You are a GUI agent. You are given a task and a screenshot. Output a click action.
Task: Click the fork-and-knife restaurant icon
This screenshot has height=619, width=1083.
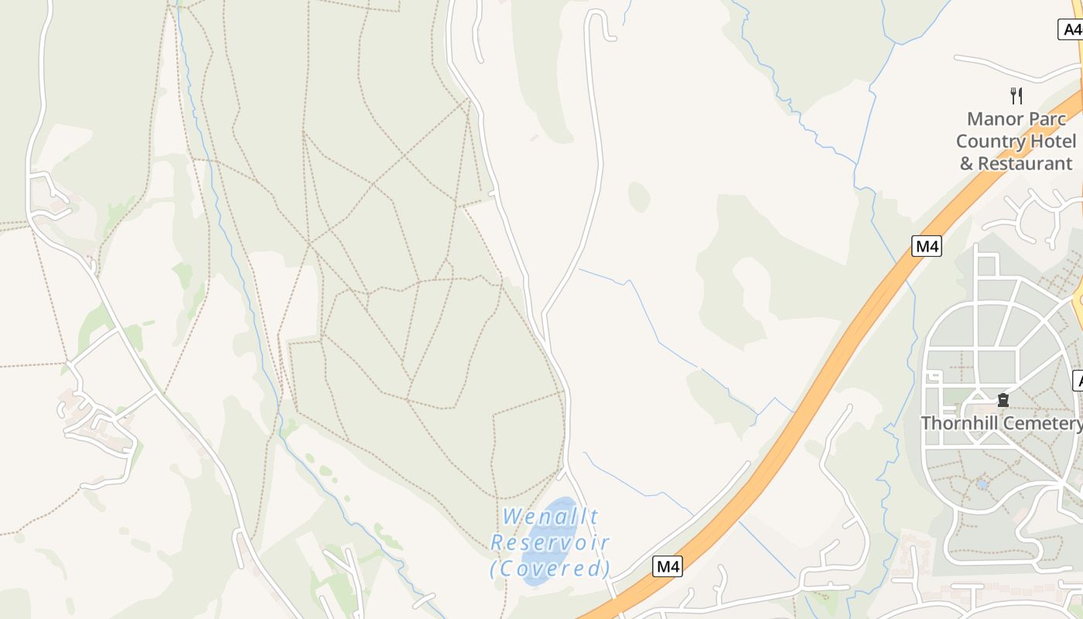click(1016, 96)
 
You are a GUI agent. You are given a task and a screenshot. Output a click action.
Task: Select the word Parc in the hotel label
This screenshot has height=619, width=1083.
click(1048, 119)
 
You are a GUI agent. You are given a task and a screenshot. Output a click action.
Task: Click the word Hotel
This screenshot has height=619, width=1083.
click(1051, 142)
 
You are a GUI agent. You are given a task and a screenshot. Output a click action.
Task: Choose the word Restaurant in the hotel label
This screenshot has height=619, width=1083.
click(1025, 164)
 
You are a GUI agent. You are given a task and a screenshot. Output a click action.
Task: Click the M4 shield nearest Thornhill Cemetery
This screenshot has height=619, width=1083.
click(927, 247)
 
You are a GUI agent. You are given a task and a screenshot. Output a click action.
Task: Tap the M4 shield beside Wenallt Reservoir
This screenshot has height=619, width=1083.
click(668, 566)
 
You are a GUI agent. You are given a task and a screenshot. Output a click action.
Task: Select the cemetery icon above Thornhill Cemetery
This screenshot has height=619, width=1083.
click(1003, 400)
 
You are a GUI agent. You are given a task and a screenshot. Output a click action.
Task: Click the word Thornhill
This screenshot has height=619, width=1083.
click(957, 423)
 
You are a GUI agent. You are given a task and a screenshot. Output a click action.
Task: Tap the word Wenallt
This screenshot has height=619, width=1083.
click(550, 516)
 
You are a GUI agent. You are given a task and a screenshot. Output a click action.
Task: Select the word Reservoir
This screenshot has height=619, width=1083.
click(550, 542)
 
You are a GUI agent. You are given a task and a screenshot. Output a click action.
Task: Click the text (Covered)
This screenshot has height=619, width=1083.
click(550, 569)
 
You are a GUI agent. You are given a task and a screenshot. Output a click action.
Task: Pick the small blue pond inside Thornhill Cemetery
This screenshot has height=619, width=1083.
click(982, 484)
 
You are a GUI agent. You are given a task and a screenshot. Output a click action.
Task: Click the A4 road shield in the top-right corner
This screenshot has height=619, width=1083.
click(1070, 30)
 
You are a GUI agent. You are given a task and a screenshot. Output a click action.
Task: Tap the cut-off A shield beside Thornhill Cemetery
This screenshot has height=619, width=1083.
click(1078, 381)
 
